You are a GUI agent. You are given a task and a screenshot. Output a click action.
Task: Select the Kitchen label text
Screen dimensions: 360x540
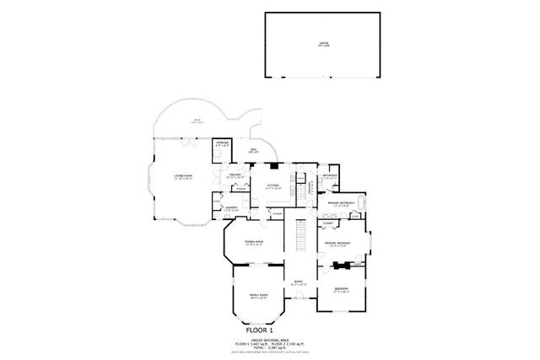pos(273,186)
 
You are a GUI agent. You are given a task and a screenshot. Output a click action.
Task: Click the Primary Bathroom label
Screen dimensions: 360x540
pos(339,204)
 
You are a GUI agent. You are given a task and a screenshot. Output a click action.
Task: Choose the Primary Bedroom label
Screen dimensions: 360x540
pos(337,244)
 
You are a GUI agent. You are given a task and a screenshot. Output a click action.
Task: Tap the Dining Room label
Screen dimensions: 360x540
pos(254,243)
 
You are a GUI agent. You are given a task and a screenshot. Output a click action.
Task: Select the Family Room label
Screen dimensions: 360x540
pos(257,296)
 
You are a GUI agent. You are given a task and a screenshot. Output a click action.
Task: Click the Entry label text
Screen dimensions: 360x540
pos(297,283)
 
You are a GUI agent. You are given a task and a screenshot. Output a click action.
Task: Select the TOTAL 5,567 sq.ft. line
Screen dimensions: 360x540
pos(269,347)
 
